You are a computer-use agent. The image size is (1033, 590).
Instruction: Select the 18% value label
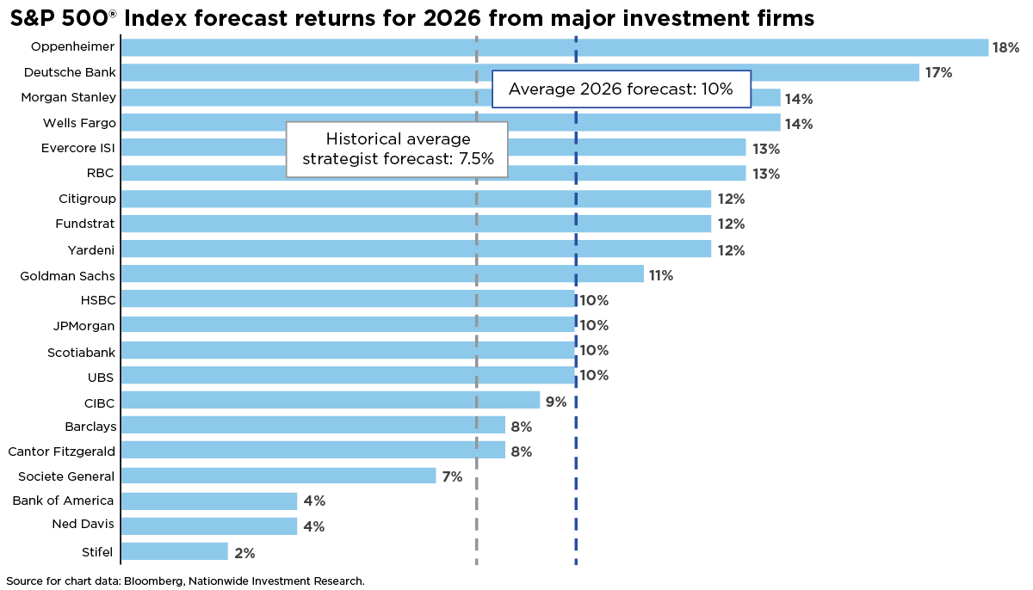[1005, 48]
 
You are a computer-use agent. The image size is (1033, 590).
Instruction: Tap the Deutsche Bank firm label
[70, 72]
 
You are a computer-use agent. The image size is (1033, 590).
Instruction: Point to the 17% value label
[938, 73]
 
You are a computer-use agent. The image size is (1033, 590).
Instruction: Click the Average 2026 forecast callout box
[621, 89]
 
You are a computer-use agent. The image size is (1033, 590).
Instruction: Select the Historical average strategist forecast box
[397, 149]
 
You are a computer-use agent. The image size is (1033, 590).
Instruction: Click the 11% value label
[660, 275]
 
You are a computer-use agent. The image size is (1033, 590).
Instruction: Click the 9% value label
[556, 402]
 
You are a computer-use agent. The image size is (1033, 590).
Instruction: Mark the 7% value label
[452, 476]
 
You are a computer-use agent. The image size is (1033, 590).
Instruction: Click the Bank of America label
[64, 501]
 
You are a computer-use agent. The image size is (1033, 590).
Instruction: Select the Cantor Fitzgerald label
[61, 451]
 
